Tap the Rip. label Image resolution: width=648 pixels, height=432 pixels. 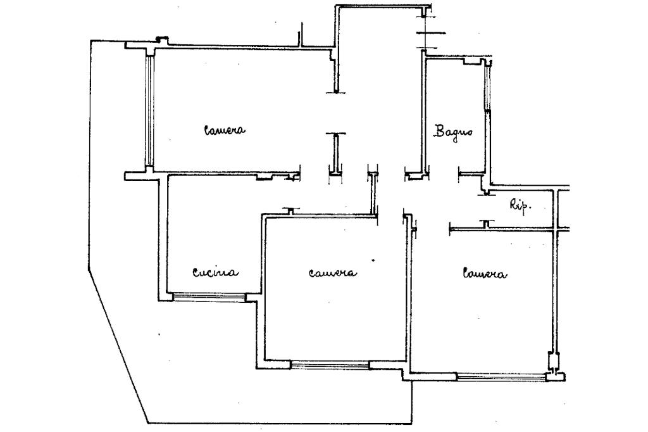(520, 205)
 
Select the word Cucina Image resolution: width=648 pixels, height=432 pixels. (215, 273)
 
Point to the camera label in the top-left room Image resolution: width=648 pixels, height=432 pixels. (224, 130)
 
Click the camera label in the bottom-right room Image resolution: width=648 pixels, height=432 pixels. (485, 274)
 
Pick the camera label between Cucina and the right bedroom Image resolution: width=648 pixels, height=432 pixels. (332, 273)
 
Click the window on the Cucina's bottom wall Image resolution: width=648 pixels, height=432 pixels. (209, 296)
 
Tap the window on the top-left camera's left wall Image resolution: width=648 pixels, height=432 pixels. (149, 111)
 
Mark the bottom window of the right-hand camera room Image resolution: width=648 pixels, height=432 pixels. (500, 377)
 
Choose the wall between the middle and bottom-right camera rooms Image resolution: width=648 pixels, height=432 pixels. (408, 298)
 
